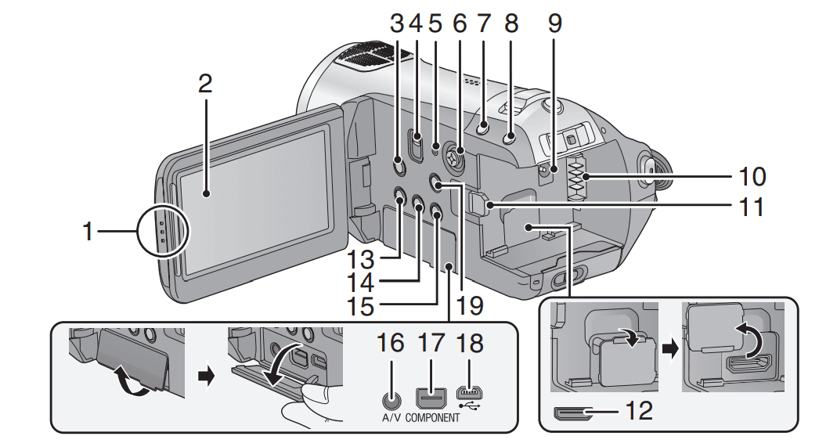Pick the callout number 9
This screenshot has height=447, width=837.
pos(554,24)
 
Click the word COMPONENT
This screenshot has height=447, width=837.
pos(433,418)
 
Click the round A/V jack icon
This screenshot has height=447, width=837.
pos(388,397)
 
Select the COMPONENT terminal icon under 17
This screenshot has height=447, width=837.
pos(432,397)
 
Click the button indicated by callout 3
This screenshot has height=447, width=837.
pos(397,165)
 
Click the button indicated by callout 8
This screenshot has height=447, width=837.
pos(510,138)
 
